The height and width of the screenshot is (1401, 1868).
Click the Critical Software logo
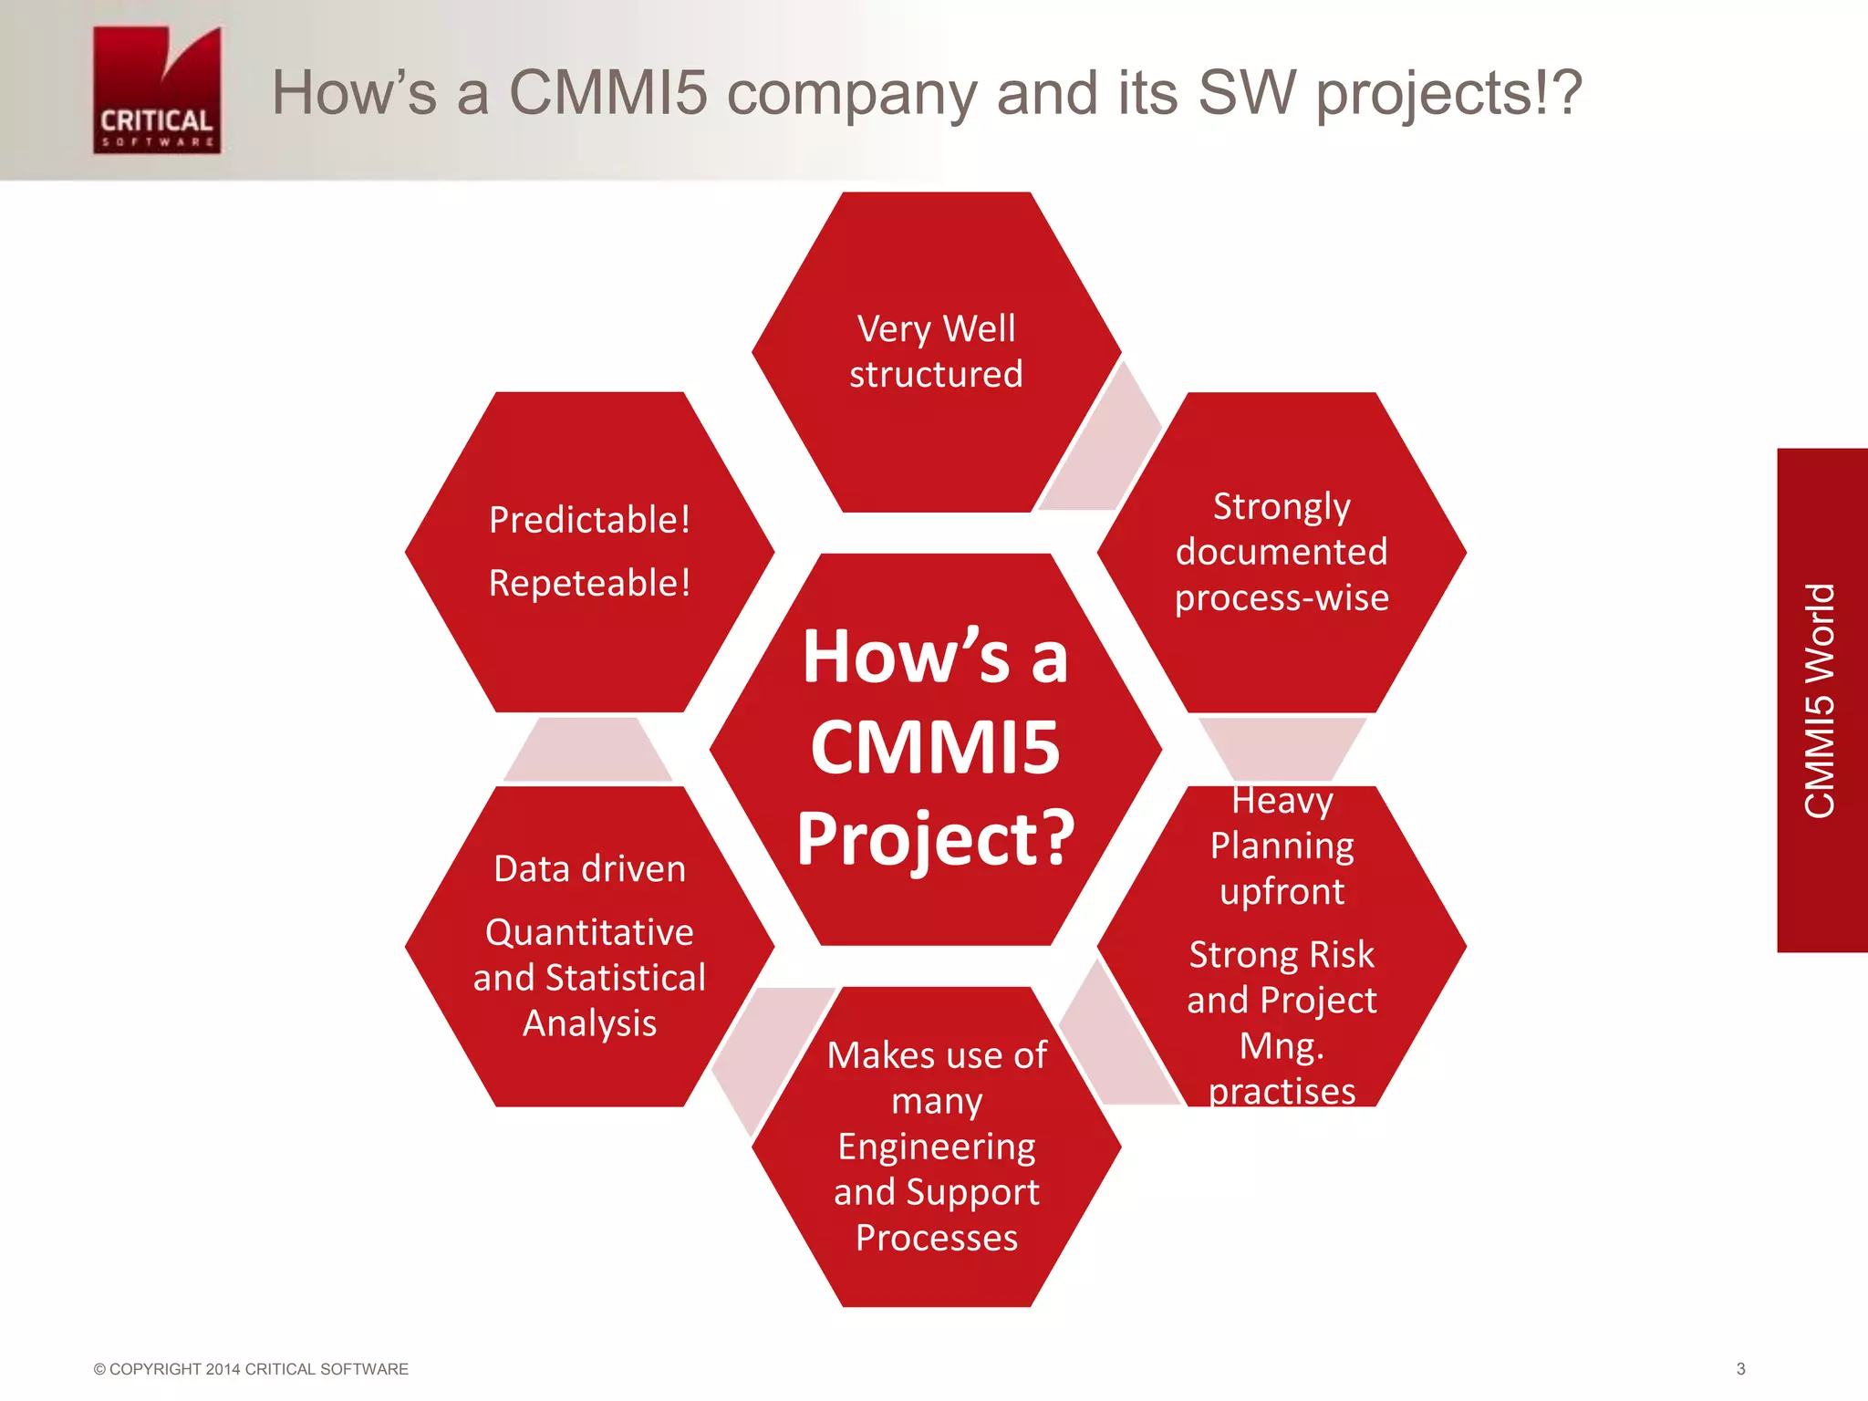pos(157,90)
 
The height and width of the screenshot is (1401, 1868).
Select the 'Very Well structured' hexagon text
pos(936,351)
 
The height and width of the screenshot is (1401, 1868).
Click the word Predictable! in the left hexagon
pos(589,520)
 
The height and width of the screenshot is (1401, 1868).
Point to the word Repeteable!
pos(589,583)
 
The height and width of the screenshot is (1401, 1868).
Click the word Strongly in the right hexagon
pos(1281,507)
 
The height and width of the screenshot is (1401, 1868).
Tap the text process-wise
pos(1281,598)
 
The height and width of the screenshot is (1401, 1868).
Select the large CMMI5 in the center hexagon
pos(936,747)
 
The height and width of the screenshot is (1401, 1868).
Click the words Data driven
pos(589,868)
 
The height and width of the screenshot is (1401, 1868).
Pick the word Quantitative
pos(589,932)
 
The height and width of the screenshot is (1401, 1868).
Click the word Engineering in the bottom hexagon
pos(936,1147)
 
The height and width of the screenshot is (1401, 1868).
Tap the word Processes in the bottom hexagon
pos(936,1238)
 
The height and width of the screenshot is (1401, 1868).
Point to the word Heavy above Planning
pos(1282,801)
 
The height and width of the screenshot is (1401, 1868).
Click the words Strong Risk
pos(1282,955)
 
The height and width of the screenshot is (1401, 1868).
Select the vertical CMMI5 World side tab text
pos(1820,700)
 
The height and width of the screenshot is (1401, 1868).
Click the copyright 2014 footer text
pos(251,1369)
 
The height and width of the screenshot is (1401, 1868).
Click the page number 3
pos(1740,1369)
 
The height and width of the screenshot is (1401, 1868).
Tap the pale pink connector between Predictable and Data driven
pos(588,751)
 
